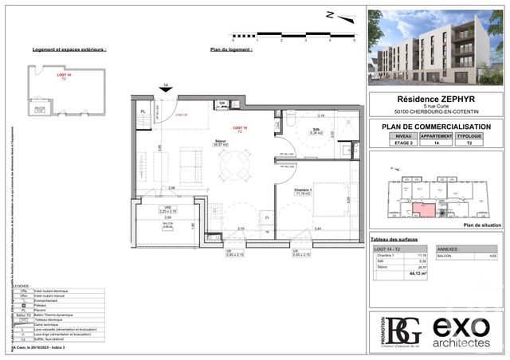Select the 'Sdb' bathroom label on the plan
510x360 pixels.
click(x=316, y=130)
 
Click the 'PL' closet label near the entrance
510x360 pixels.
click(x=143, y=112)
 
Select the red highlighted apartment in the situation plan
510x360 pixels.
click(x=423, y=209)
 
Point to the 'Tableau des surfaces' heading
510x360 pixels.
click(x=394, y=240)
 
